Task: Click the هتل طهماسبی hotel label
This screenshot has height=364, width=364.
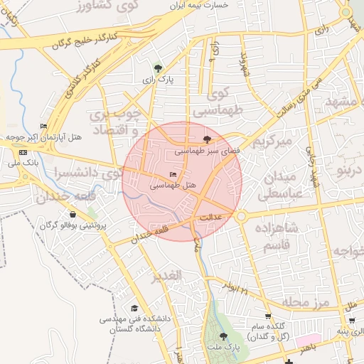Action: tap(173, 185)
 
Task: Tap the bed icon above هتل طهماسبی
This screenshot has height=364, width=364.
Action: tap(173, 175)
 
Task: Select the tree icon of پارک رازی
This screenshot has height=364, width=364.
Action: tap(158, 68)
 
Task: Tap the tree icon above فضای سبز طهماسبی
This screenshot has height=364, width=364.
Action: tap(207, 140)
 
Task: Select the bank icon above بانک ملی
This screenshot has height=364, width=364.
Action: tap(23, 152)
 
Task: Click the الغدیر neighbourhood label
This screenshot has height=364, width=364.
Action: tap(168, 274)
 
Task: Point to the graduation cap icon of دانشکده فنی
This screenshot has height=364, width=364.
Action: tap(134, 308)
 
